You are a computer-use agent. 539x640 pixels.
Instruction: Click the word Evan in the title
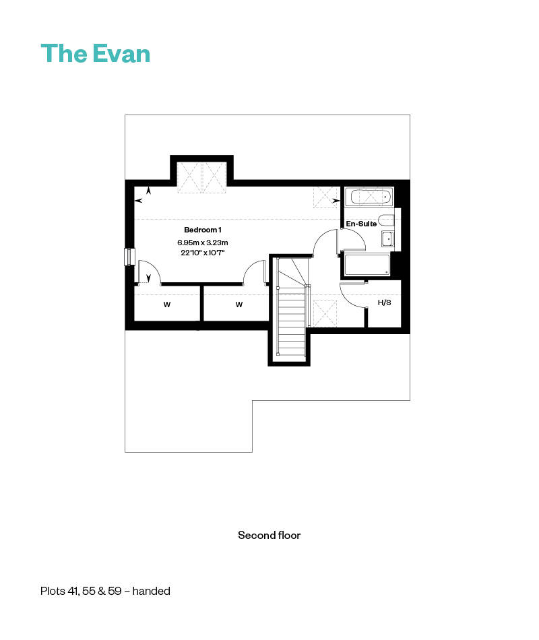121,54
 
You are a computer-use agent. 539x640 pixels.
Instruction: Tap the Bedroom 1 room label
203,230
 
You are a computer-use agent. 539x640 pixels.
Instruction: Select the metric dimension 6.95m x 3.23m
203,243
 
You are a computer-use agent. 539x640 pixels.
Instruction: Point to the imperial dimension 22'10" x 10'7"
203,253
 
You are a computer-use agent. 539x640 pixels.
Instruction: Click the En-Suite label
361,224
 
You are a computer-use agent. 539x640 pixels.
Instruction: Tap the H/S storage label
384,302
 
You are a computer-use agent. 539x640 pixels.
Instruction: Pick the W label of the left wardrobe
167,305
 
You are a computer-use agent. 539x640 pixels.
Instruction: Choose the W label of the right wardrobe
239,305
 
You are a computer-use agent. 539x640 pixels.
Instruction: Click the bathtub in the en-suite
369,197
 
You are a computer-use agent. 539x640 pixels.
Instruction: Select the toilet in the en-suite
386,220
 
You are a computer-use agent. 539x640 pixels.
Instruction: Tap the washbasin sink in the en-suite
387,238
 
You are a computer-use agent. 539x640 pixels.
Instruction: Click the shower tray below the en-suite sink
367,265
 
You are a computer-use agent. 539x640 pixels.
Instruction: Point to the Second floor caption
269,535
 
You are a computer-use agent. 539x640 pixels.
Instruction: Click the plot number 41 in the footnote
73,591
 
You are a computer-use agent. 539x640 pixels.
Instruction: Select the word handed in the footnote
151,591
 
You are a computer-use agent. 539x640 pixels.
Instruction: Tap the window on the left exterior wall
129,257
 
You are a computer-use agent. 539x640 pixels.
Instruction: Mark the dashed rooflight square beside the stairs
325,313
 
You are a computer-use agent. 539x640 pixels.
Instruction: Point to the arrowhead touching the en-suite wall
336,200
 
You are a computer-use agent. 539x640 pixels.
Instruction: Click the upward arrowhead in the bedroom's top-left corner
149,190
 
